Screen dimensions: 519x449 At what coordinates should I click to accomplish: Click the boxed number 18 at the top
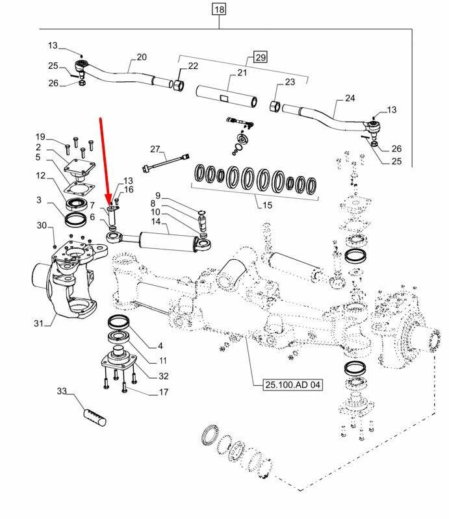(x=218, y=9)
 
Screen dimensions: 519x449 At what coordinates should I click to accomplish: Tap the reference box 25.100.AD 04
(x=292, y=385)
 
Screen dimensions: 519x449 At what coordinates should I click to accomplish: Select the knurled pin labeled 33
(x=93, y=416)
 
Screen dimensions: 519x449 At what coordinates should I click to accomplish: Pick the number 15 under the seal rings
(x=266, y=206)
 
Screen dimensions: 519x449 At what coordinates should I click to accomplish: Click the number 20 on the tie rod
(x=141, y=57)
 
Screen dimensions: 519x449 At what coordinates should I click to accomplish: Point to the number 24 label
(x=350, y=99)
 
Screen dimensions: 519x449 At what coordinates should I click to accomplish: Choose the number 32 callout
(x=163, y=375)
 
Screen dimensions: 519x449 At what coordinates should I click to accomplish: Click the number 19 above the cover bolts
(x=40, y=136)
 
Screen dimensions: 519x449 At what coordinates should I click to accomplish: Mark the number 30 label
(x=41, y=225)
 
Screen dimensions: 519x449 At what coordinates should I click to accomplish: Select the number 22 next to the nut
(x=193, y=66)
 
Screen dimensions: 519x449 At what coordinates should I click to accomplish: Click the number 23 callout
(x=289, y=82)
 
